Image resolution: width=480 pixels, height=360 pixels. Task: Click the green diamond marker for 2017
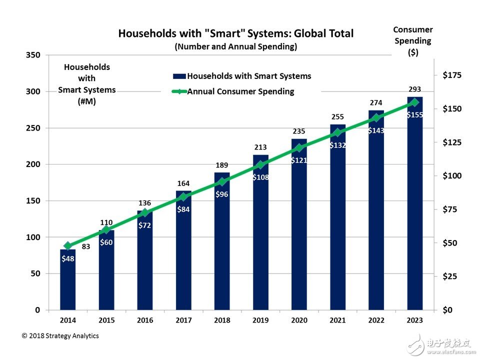pos(183,197)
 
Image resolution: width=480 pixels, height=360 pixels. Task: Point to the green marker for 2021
pos(337,132)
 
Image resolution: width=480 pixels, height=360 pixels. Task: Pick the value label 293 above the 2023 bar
pos(414,89)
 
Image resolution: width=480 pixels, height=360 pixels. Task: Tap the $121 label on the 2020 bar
pos(299,160)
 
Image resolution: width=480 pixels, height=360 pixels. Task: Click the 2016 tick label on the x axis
pos(144,319)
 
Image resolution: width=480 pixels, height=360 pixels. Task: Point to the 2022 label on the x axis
pos(376,319)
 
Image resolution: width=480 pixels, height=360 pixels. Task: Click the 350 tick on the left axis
pos(33,55)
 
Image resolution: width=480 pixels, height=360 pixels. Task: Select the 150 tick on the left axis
pos(33,201)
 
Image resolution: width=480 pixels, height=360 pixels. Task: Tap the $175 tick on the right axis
pos(452,75)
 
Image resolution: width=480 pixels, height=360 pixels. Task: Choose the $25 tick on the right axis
pos(452,276)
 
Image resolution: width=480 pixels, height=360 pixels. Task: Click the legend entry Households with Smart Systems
pos(242,76)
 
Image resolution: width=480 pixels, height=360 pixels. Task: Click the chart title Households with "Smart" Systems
pos(235,33)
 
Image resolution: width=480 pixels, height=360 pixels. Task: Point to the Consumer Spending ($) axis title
pos(413,41)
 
